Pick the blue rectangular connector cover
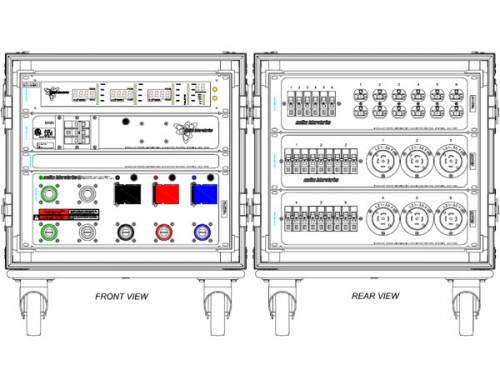[203, 194]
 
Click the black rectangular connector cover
[127, 194]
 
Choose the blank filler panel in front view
[124, 161]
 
